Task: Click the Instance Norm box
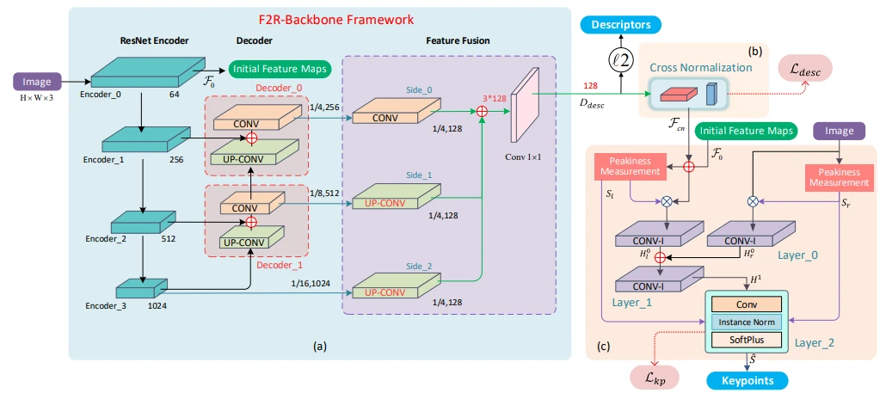pos(746,322)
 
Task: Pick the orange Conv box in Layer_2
pos(746,304)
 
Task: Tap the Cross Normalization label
pos(689,66)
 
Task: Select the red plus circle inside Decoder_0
pos(251,138)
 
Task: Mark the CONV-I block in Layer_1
pos(655,279)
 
